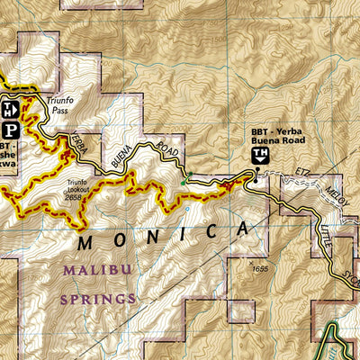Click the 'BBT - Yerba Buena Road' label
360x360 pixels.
pos(278,138)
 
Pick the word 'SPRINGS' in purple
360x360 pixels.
pos(98,298)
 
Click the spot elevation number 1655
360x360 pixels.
pos(261,268)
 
